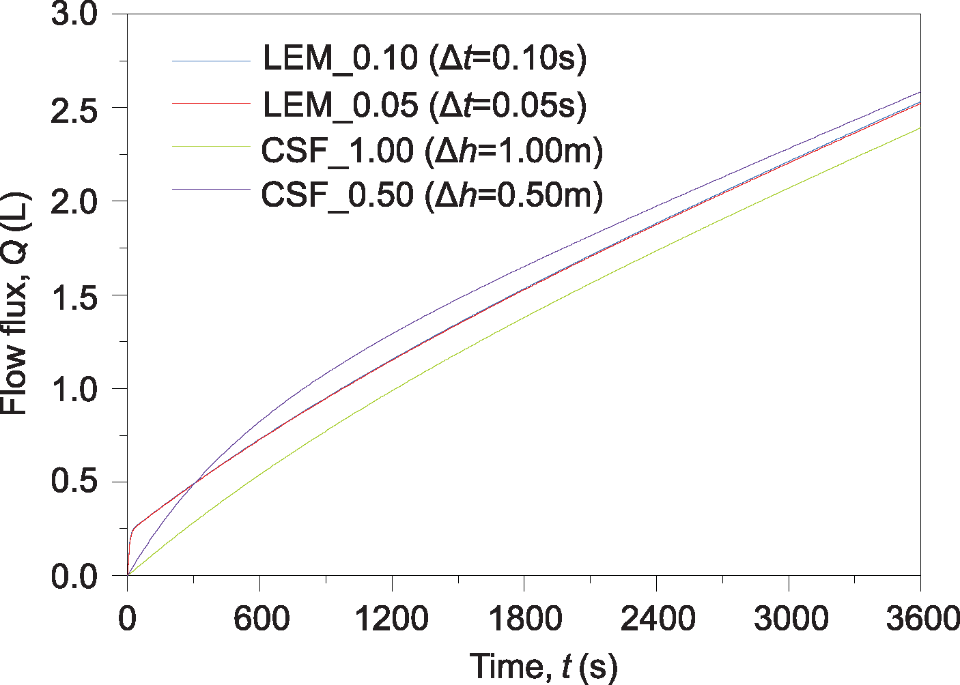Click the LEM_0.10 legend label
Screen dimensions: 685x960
[x=424, y=59]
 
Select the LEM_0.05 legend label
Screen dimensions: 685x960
[x=424, y=105]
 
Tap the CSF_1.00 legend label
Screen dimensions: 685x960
[x=432, y=151]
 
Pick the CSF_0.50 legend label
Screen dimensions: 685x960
[x=432, y=196]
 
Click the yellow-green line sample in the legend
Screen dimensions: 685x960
[x=211, y=145]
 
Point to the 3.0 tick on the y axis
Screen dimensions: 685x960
[x=75, y=15]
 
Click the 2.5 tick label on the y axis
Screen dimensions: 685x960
[x=75, y=109]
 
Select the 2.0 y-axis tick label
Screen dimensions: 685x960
[x=75, y=203]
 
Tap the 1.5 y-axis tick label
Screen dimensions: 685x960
[x=75, y=296]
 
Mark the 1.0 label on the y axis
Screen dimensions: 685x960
[x=75, y=390]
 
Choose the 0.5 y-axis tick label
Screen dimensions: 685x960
[x=75, y=483]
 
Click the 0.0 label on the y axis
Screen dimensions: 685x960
[x=75, y=577]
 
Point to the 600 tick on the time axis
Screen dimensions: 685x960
[x=261, y=620]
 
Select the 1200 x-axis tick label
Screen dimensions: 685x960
[x=392, y=620]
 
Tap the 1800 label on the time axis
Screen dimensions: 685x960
[x=524, y=620]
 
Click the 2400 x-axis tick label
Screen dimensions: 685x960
[x=657, y=620]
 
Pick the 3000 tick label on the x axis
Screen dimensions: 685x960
[x=789, y=620]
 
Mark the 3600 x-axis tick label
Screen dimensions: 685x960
[x=922, y=620]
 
